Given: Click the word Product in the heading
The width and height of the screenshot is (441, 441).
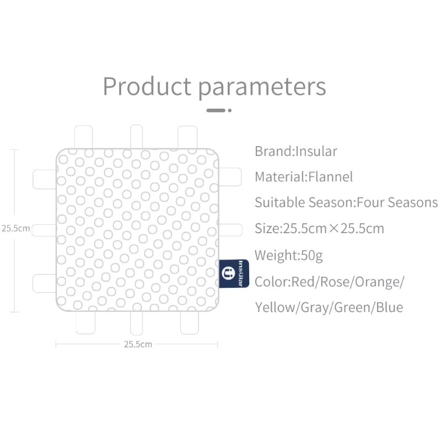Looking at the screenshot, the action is click(147, 86).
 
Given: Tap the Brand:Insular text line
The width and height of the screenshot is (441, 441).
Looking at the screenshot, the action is click(296, 151).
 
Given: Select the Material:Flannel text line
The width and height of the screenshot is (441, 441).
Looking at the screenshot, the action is click(304, 177).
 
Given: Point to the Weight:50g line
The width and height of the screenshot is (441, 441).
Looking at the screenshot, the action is click(288, 256).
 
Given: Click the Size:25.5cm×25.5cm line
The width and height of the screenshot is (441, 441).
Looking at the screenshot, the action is click(320, 228).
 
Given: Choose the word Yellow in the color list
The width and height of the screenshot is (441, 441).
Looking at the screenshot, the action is click(275, 308).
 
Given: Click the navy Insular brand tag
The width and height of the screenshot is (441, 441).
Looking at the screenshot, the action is click(234, 273).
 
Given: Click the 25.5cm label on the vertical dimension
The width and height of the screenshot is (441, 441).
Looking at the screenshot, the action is click(16, 228).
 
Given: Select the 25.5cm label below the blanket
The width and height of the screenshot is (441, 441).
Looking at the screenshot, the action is click(138, 344).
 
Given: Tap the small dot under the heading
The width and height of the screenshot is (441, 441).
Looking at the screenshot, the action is click(230, 111).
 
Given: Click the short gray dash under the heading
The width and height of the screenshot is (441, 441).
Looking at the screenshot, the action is click(216, 111).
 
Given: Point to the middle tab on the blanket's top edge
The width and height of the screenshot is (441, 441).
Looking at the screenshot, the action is click(136, 136).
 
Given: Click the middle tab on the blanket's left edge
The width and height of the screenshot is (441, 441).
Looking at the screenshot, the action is click(44, 230).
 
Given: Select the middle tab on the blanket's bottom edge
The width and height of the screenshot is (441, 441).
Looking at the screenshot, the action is click(136, 323).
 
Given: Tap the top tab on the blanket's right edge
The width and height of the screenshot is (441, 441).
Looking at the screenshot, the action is click(230, 177).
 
